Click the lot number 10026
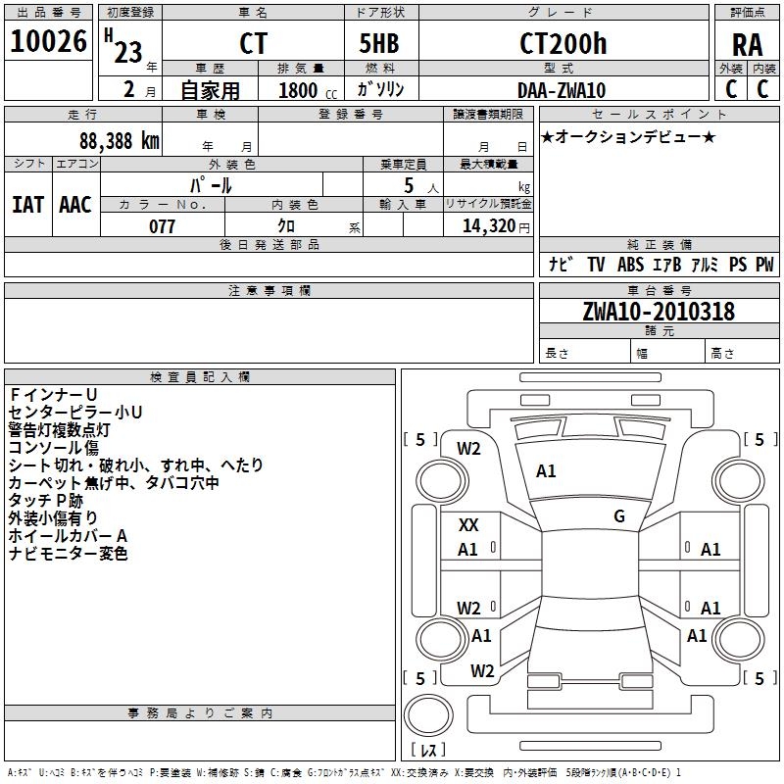[48, 41]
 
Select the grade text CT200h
[563, 43]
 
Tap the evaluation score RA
[747, 45]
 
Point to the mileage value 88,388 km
[120, 141]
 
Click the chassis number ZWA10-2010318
[659, 312]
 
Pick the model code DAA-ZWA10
[562, 90]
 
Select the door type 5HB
[379, 43]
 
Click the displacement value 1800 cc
[308, 91]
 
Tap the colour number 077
[162, 226]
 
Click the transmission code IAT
[28, 205]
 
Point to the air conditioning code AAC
[75, 205]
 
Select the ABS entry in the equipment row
[630, 264]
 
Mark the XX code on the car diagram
[468, 525]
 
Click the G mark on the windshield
[619, 516]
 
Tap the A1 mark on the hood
[546, 471]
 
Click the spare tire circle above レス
[428, 715]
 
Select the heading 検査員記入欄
[200, 377]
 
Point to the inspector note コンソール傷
[54, 448]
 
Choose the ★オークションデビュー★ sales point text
[628, 136]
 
